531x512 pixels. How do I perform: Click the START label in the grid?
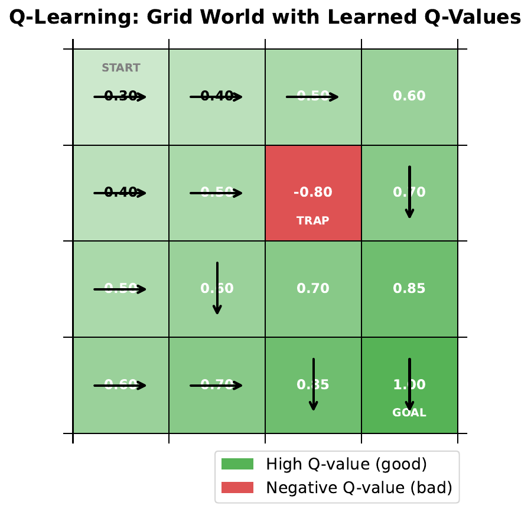coord(121,68)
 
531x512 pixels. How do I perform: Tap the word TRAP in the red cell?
coord(312,221)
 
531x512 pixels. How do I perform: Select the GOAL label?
coord(409,413)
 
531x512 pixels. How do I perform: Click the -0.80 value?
coord(312,193)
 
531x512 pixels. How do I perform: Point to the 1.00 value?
coord(409,385)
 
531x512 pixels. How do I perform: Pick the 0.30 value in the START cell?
coord(120,96)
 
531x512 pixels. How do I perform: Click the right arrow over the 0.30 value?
coord(120,97)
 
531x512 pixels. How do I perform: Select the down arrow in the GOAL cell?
coord(409,384)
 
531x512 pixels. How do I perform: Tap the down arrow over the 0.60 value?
coord(217,288)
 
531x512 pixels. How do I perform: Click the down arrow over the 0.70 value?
coord(409,192)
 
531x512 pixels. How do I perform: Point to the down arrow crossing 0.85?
coord(314,384)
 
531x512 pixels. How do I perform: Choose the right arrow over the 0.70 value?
coord(216,386)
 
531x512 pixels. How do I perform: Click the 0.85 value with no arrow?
coord(409,289)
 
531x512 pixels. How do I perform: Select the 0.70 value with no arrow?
coord(313,289)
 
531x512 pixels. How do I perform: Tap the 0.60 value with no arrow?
coord(409,96)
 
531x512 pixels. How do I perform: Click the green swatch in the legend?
coord(237,464)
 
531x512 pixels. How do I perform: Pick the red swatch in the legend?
coord(237,488)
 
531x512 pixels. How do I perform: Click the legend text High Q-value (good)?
coord(346,464)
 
